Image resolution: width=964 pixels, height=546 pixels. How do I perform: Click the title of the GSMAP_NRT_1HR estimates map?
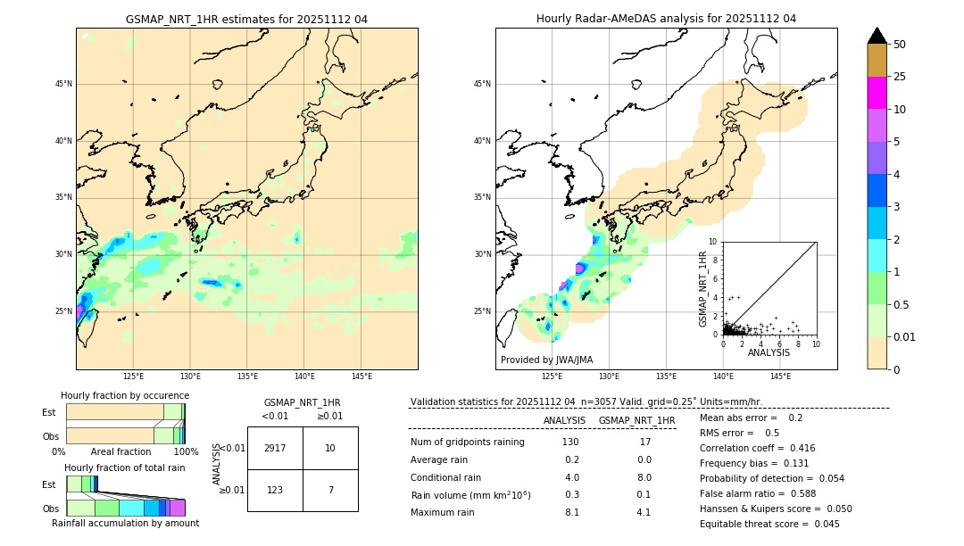246,19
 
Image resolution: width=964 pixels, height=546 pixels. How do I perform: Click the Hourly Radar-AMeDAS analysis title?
666,19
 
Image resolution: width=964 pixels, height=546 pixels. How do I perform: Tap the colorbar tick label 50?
900,45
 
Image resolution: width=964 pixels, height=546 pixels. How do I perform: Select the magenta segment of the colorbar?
877,93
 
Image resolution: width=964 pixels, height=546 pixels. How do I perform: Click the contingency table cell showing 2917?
275,448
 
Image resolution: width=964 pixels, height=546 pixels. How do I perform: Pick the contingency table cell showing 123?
275,490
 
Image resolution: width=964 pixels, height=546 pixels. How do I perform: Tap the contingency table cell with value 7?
330,490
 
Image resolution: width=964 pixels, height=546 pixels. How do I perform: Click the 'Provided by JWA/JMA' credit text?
546,360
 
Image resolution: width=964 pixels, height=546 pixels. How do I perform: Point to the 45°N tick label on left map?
63,84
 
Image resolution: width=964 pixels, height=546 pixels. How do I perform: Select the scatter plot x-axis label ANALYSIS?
769,352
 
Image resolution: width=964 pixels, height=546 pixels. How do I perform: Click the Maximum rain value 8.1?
571,512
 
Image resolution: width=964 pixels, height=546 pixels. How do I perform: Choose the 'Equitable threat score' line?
769,524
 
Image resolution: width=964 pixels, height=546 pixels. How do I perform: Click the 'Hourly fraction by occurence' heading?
125,395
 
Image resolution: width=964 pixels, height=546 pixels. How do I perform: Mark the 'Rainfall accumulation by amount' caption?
125,523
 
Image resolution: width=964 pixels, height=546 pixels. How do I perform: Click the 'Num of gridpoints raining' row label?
467,443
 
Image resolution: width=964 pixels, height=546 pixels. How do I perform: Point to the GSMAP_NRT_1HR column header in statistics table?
636,420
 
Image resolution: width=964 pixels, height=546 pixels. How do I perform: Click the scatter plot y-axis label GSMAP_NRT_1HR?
703,288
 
